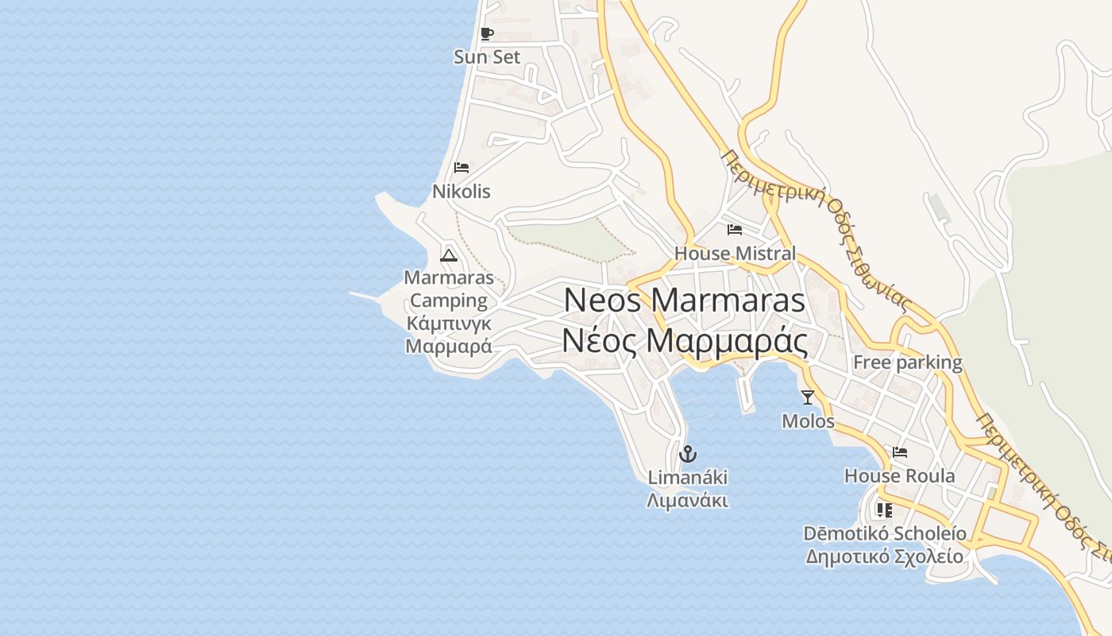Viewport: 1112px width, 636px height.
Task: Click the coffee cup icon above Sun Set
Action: tap(487, 33)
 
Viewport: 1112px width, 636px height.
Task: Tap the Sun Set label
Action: tap(487, 57)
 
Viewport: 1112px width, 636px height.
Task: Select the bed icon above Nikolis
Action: tap(461, 168)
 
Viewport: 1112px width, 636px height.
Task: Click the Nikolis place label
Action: tap(461, 192)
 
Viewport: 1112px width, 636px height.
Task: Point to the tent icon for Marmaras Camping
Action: tap(449, 255)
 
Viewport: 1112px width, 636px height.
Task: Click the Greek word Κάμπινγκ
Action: tap(449, 324)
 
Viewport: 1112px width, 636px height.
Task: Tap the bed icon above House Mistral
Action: tap(735, 230)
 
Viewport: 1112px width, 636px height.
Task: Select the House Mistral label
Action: tap(735, 254)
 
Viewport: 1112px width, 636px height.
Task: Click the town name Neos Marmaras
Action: tap(684, 301)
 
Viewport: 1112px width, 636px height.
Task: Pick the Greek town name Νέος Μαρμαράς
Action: tap(684, 340)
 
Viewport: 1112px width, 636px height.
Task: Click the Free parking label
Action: tap(907, 363)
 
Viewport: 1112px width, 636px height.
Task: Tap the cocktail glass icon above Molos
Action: tap(808, 397)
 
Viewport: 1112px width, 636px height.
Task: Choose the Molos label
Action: tap(808, 421)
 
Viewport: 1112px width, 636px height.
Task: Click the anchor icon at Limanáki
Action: tap(688, 454)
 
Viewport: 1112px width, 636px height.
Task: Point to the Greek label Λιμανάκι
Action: tap(688, 501)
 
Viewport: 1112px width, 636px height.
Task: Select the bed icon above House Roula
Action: tap(900, 452)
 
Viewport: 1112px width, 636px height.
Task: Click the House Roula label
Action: tap(900, 476)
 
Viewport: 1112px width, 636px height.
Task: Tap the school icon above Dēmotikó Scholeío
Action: tap(885, 510)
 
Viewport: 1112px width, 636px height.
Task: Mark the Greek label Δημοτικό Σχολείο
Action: tap(885, 556)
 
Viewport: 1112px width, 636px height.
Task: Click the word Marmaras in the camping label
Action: tap(449, 278)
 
